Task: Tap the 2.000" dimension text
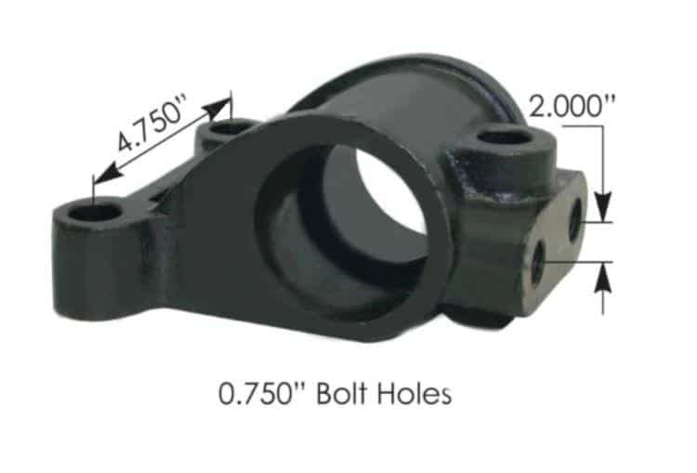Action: pyautogui.click(x=572, y=107)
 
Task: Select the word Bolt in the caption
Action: pyautogui.click(x=342, y=393)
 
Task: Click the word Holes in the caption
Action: pyautogui.click(x=414, y=393)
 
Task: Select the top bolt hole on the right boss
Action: pyautogui.click(x=506, y=138)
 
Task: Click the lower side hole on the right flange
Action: pyautogui.click(x=538, y=264)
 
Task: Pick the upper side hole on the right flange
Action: pyautogui.click(x=575, y=217)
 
